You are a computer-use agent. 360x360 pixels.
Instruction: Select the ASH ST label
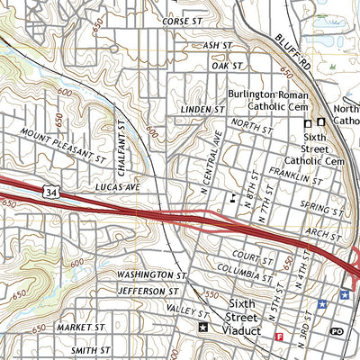click(217, 44)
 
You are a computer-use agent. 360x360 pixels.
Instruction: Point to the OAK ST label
click(228, 66)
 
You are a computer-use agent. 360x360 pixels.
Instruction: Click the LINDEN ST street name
click(202, 109)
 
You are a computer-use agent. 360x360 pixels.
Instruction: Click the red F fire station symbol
click(279, 337)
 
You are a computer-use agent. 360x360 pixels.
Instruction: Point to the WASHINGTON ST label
click(150, 274)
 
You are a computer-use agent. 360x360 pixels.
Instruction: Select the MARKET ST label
click(81, 328)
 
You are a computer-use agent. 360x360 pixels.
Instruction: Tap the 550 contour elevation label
click(212, 294)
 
